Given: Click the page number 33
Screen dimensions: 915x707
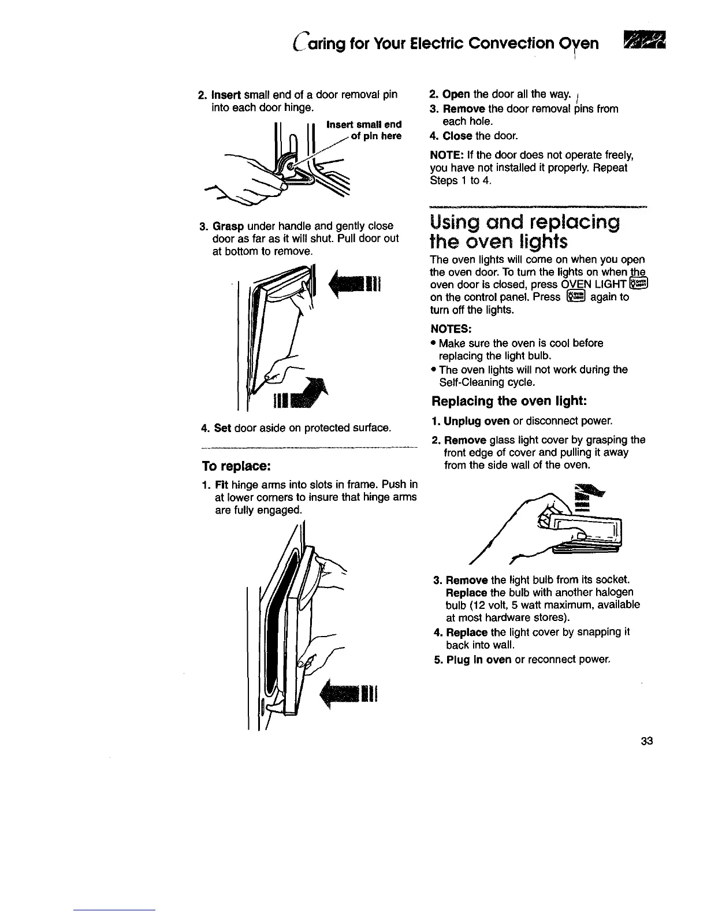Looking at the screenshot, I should click(646, 742).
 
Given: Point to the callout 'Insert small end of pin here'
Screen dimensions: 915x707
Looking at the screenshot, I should click(363, 130).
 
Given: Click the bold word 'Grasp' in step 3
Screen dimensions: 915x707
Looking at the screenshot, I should click(229, 226).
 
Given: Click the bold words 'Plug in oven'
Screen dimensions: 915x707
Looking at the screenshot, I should click(479, 660).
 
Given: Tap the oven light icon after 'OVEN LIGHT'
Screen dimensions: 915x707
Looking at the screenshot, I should click(640, 284).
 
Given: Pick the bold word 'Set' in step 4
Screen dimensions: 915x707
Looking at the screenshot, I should click(222, 428).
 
